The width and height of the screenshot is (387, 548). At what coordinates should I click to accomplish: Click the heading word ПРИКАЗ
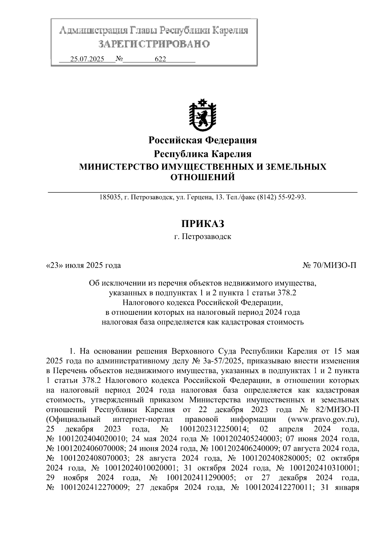(x=202, y=223)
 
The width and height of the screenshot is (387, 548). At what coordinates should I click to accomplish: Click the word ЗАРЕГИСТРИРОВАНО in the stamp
(x=154, y=44)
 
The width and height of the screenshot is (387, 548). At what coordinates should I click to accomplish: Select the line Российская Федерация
(x=202, y=140)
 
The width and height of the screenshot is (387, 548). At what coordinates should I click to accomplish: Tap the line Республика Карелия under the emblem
(x=202, y=154)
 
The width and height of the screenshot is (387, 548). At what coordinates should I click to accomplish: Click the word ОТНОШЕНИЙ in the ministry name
(x=202, y=177)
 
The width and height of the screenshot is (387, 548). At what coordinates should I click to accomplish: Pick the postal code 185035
(x=109, y=197)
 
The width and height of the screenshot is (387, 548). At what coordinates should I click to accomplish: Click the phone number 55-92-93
(x=293, y=197)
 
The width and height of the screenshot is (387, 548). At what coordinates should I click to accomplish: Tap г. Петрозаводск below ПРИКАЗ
(x=202, y=237)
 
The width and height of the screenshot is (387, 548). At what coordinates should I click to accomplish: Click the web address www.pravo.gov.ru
(x=323, y=419)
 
